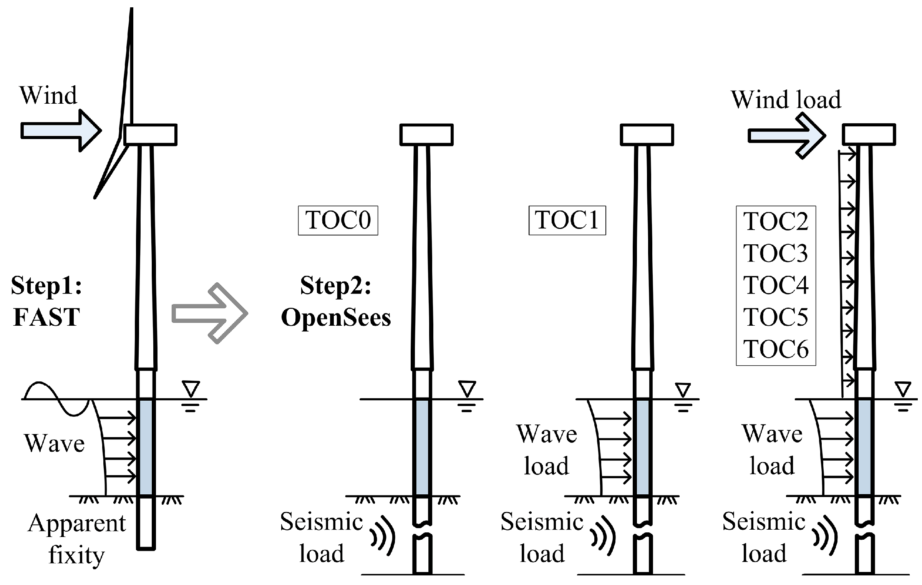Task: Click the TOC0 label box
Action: click(338, 220)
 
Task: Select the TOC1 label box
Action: click(567, 220)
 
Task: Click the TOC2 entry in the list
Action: click(776, 222)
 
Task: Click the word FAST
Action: click(46, 317)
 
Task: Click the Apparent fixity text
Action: click(76, 539)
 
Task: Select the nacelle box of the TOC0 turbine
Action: click(426, 134)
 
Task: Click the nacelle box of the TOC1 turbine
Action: click(647, 134)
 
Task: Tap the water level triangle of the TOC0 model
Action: click(467, 388)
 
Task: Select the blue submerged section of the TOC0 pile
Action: click(422, 447)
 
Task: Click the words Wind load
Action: click(786, 100)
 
